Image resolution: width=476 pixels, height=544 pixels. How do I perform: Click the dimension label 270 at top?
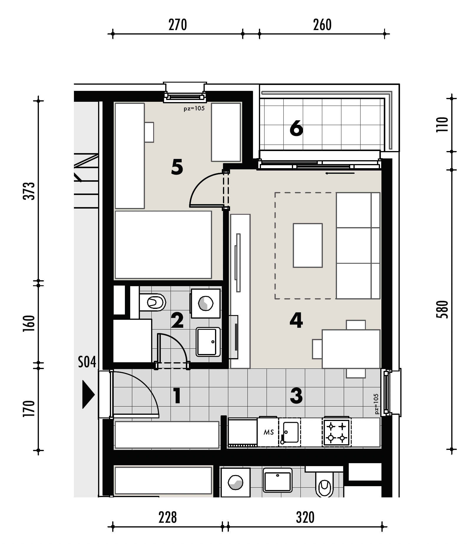click(x=178, y=25)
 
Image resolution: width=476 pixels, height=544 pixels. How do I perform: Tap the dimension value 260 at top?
click(x=322, y=25)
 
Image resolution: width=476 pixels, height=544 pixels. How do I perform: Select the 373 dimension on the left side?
click(x=29, y=191)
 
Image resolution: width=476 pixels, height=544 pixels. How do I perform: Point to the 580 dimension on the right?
click(x=442, y=309)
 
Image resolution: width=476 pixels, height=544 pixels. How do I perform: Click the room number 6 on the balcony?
click(x=296, y=129)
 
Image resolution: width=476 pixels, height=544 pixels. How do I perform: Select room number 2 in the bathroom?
click(x=177, y=321)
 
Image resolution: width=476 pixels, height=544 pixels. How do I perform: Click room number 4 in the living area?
click(x=296, y=321)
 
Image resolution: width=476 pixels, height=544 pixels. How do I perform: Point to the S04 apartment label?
click(x=87, y=362)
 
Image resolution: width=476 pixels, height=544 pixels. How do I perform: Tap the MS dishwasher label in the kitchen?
click(x=269, y=432)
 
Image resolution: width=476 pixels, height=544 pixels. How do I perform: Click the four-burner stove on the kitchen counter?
click(x=337, y=432)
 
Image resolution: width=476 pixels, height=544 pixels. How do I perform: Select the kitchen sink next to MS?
click(x=290, y=432)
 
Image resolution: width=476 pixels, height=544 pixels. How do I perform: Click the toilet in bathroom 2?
click(x=152, y=302)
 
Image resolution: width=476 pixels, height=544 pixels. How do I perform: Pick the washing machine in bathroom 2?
click(x=206, y=304)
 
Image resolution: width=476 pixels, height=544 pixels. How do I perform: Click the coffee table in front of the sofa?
click(x=308, y=245)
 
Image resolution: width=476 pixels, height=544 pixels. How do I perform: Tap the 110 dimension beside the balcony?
click(x=442, y=124)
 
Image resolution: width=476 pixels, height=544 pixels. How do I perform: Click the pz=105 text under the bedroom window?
click(x=194, y=109)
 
